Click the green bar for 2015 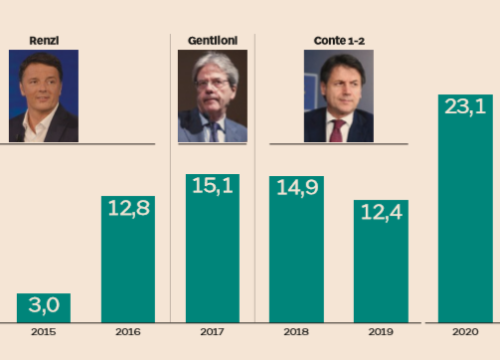[x=44, y=308]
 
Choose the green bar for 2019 [x=381, y=263]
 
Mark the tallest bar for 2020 [x=465, y=209]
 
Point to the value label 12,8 [x=128, y=209]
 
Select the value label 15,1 [x=213, y=186]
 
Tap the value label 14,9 [x=296, y=188]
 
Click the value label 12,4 [x=381, y=212]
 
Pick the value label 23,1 [x=465, y=106]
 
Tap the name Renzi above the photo [x=43, y=39]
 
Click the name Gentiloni [x=212, y=39]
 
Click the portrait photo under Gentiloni [x=212, y=96]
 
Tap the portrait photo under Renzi [x=44, y=96]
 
